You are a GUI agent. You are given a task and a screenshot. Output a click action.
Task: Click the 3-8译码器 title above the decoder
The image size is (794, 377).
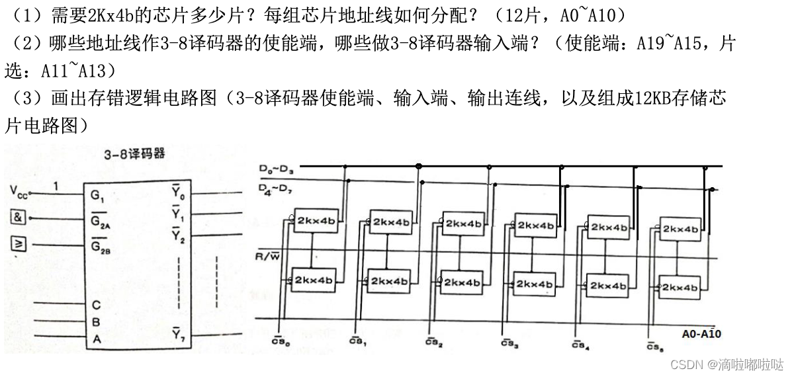pyautogui.click(x=134, y=153)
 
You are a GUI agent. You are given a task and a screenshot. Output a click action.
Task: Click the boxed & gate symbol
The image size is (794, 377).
pyautogui.click(x=18, y=216)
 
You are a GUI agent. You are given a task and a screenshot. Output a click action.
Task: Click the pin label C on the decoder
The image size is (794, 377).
pyautogui.click(x=97, y=305)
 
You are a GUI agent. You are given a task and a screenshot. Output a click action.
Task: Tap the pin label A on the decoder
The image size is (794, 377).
pyautogui.click(x=97, y=340)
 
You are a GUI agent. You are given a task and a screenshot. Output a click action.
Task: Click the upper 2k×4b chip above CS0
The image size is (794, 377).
pyautogui.click(x=315, y=220)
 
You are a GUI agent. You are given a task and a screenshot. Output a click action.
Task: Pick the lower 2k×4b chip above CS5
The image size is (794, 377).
pyautogui.click(x=680, y=288)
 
